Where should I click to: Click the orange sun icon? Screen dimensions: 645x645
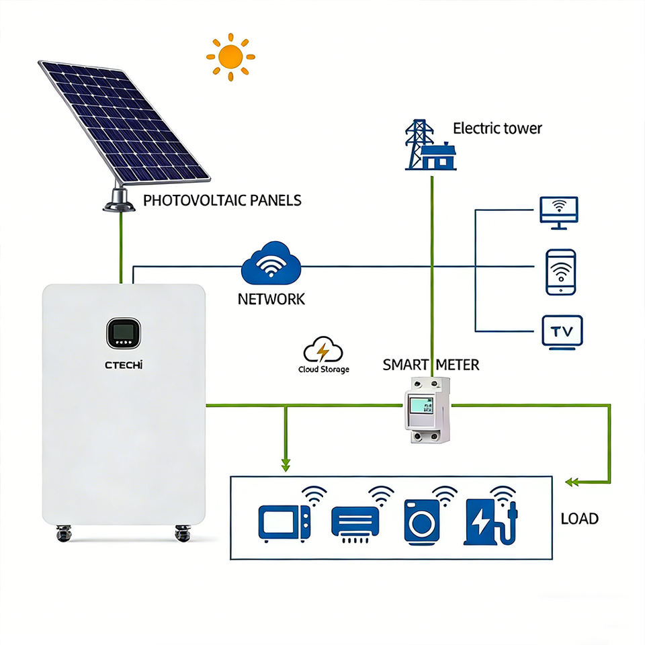[x=230, y=56]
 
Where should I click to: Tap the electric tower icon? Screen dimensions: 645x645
[x=431, y=145]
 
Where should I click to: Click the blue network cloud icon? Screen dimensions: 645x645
[x=271, y=263]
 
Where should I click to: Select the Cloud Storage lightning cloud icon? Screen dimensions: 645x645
[x=323, y=350]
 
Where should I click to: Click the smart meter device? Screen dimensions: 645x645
[x=428, y=410]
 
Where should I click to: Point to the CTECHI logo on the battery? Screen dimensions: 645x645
[x=124, y=365]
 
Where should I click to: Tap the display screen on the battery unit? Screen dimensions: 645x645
[x=124, y=333]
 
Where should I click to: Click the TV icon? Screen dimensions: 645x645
[x=562, y=333]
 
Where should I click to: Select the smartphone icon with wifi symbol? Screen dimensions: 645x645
[x=560, y=272]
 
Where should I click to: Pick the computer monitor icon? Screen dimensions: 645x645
[x=559, y=213]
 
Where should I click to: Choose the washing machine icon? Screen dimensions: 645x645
[x=422, y=522]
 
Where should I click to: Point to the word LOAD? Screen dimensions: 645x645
[x=580, y=519]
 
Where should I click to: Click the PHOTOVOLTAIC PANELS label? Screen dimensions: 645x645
[x=222, y=200]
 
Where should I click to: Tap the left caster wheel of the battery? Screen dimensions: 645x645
[x=64, y=533]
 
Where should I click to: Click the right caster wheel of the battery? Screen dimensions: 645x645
[x=183, y=533]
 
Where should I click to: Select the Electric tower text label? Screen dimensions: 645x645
[x=497, y=128]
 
